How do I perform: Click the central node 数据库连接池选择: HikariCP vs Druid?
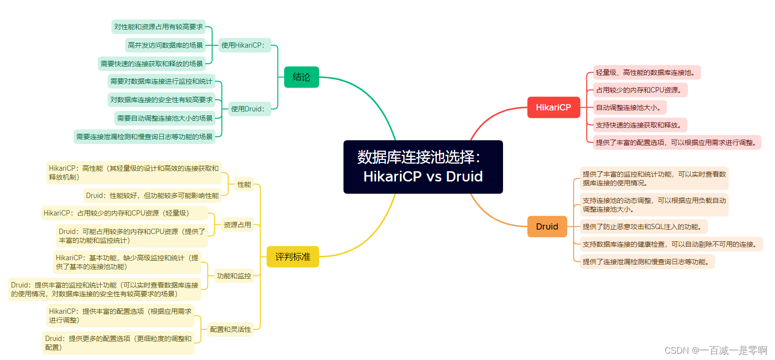coord(423,167)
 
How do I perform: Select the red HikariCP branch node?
coord(553,108)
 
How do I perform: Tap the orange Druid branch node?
coord(547,227)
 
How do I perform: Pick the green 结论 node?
coord(301,77)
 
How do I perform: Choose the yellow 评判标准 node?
coord(292,257)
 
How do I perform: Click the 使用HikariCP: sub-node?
coord(244,45)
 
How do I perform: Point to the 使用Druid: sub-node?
coord(249,109)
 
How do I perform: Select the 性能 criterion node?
coord(244,184)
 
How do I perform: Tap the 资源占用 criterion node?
coord(237,225)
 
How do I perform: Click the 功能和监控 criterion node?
coord(234,276)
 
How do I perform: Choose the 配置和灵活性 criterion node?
coord(230,329)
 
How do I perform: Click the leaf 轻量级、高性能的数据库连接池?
coord(646,72)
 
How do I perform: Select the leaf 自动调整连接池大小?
coord(629,108)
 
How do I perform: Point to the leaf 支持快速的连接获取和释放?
coord(639,125)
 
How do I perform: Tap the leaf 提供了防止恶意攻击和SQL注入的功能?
coord(643,227)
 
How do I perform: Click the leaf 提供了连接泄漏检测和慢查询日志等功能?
coord(647,262)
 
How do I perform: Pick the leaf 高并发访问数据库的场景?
coord(165,45)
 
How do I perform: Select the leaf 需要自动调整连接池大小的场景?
coord(165,118)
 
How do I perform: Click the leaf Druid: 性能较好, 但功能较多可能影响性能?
coord(152,196)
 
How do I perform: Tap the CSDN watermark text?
coord(715,350)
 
